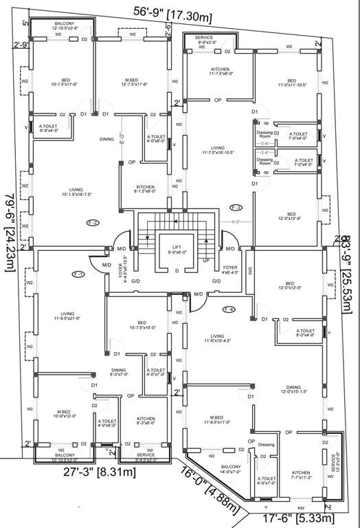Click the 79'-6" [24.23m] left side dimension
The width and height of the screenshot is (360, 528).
(10, 224)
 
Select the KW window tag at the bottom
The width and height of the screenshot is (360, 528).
(300, 508)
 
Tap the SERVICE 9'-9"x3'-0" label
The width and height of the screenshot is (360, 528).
(204, 40)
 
